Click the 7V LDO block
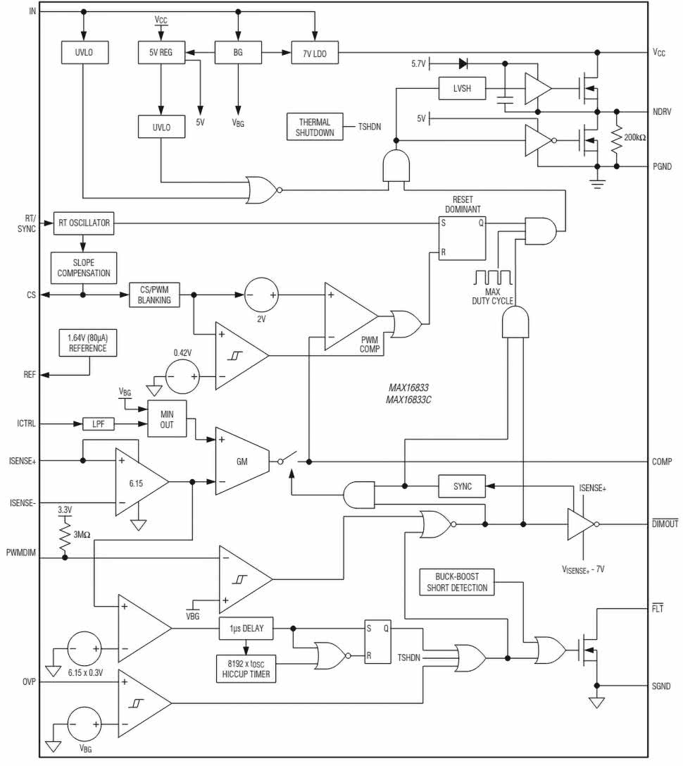click(315, 52)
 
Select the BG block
click(237, 52)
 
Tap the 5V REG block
click(161, 52)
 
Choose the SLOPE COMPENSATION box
click(83, 267)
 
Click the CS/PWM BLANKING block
click(153, 294)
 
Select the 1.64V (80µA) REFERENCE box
click(88, 343)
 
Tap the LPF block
click(98, 424)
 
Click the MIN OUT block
click(167, 419)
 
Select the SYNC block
click(461, 486)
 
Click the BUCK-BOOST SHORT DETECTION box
click(457, 582)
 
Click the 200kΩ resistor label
click(637, 137)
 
